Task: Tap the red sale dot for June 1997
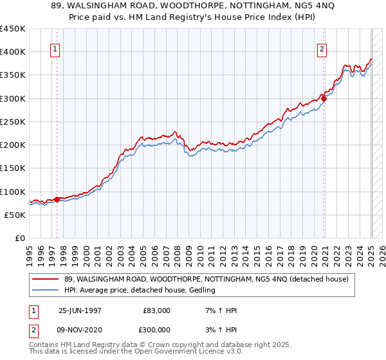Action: pos(57,199)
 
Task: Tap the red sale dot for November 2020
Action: pos(324,98)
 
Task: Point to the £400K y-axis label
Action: pos(13,52)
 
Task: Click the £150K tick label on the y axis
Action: pos(13,168)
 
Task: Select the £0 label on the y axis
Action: pos(19,239)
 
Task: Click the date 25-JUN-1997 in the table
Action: pos(80,310)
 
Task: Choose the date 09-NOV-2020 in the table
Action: pos(80,329)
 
